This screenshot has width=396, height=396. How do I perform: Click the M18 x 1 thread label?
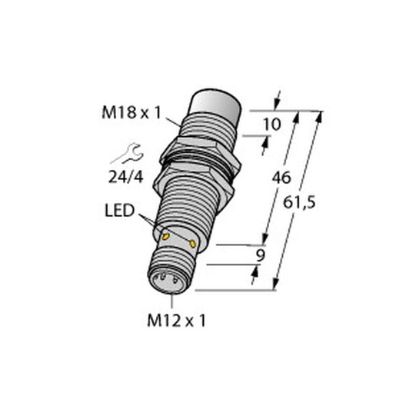[x=131, y=113]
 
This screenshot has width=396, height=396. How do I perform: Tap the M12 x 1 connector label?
[x=176, y=321]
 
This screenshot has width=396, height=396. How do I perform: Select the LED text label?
[x=120, y=211]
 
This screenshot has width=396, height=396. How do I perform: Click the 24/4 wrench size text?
[x=125, y=177]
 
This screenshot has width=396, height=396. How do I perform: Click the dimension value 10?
[x=272, y=125]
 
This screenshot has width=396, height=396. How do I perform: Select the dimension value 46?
[x=281, y=178]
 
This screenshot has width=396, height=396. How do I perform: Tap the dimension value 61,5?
[x=299, y=203]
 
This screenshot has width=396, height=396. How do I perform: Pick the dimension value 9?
[x=261, y=255]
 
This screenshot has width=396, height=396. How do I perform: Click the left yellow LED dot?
[x=165, y=236]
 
